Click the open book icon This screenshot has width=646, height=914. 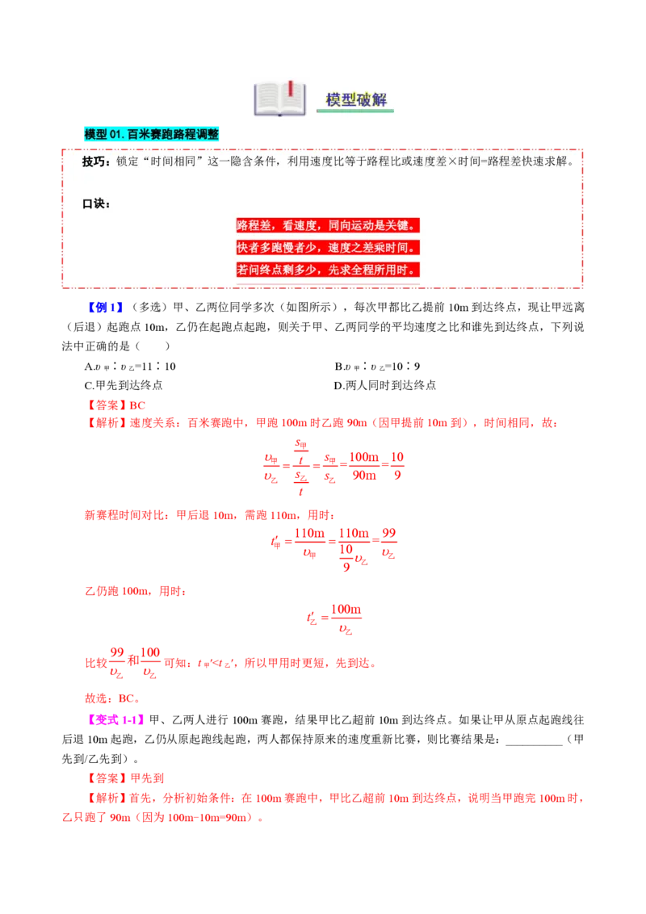click(x=280, y=99)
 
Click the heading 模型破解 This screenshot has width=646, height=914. click(x=355, y=99)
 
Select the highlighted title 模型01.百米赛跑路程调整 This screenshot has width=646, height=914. click(x=152, y=134)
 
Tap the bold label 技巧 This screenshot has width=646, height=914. click(x=94, y=161)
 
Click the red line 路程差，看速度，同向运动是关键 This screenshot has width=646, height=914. click(x=328, y=225)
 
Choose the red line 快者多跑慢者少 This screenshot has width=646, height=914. click(x=282, y=248)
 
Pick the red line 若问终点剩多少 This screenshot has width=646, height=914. click(x=282, y=270)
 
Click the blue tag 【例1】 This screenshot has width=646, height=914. click(x=106, y=307)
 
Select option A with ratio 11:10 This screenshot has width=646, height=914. click(x=130, y=366)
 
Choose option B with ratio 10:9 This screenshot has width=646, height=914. click(x=378, y=366)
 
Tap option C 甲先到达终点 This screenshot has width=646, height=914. click(x=124, y=385)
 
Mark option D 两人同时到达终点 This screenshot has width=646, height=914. click(x=385, y=385)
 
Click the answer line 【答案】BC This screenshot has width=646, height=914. click(x=115, y=405)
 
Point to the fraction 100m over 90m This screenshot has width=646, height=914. click(x=364, y=466)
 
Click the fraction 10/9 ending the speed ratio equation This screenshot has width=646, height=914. click(x=397, y=466)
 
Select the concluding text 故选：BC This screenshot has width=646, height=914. click(x=112, y=698)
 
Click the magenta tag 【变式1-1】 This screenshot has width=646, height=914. click(x=115, y=720)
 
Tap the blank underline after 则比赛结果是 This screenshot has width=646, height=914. click(x=534, y=744)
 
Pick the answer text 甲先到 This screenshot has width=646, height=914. click(x=147, y=778)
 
